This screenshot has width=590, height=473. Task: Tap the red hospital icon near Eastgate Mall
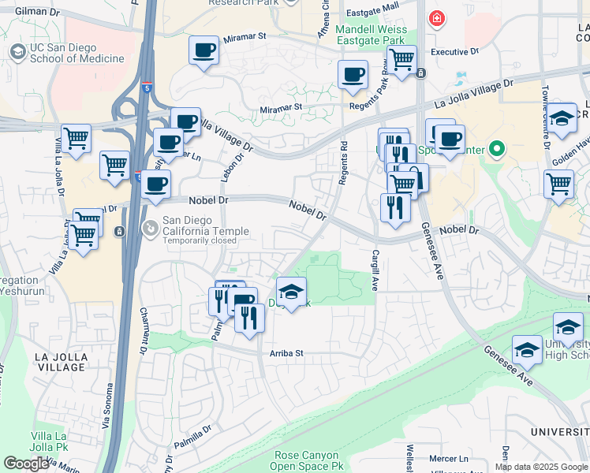coord(435,17)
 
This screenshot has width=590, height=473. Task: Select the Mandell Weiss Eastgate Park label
coord(370,35)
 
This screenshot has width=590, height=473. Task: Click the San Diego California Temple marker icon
coord(149,228)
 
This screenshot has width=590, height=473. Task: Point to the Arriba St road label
coord(287,354)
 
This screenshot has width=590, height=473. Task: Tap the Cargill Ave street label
coord(375,270)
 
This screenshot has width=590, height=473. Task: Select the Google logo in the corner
coord(26,464)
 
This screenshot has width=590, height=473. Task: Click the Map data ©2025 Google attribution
coord(541,467)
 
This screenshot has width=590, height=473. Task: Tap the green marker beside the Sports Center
coord(495,147)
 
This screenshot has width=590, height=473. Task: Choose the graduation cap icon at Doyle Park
coord(291,292)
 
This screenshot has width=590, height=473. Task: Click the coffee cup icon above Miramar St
coord(204,50)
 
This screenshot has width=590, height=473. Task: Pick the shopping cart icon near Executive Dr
coord(402,58)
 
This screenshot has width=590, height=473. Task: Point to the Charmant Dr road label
coord(144,330)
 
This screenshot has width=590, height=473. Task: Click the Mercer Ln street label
coord(453,458)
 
